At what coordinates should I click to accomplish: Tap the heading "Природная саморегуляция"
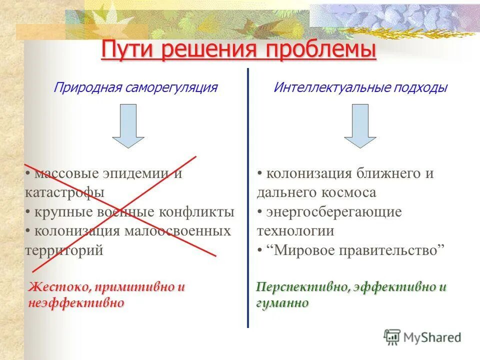[135, 88]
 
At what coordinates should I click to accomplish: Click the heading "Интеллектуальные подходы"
[360, 88]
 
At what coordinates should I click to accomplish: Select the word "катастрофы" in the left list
[64, 192]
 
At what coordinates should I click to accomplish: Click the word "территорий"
[64, 250]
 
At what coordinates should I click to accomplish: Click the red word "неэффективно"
[76, 303]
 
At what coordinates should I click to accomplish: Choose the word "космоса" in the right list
[349, 192]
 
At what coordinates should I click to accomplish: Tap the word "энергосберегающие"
[334, 211]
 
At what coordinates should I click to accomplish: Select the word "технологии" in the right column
[295, 231]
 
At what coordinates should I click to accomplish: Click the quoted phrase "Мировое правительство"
[356, 250]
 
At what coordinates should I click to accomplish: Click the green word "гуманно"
[282, 303]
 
